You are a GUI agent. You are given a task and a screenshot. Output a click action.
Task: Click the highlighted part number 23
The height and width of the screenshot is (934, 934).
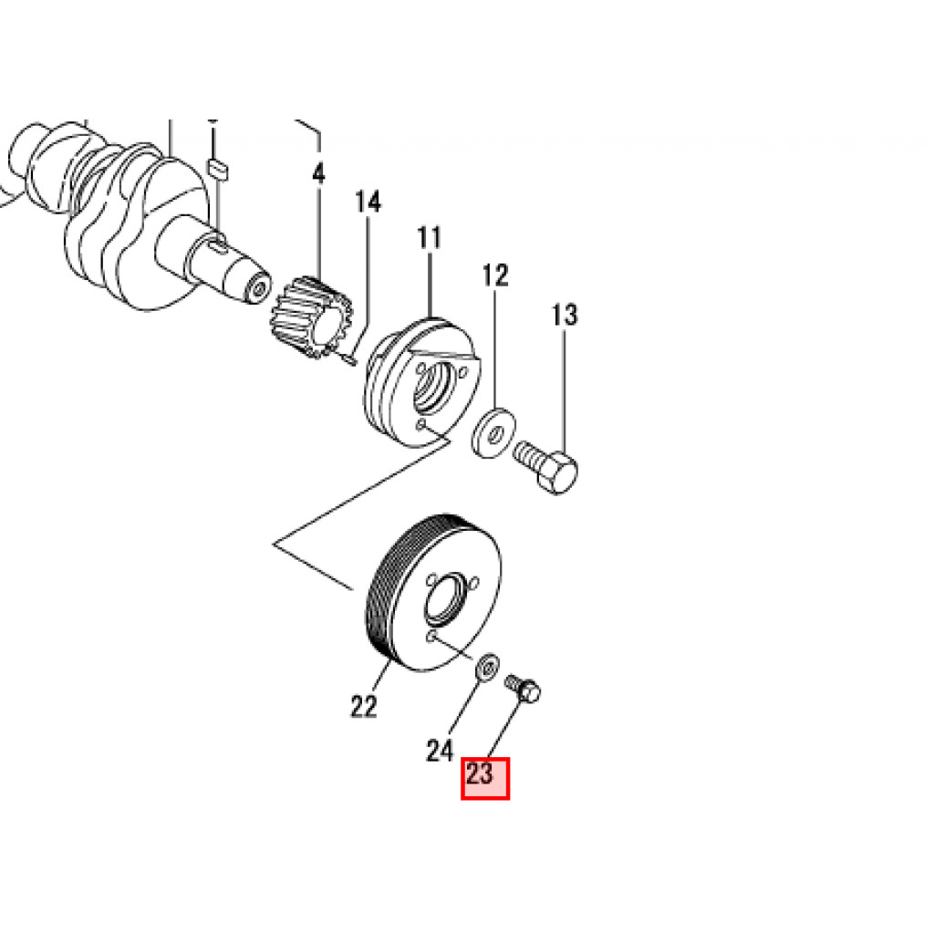pos(480,774)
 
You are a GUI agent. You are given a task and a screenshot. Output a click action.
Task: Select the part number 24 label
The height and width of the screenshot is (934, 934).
pos(440,750)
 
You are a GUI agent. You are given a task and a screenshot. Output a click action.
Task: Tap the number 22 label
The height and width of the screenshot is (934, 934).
pos(364,707)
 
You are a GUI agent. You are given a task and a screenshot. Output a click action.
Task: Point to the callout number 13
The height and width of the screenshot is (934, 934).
pos(565,315)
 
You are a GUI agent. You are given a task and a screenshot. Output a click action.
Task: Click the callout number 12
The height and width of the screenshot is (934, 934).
pos(495,275)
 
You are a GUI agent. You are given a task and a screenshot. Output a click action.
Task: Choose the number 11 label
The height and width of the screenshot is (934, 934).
pos(429,238)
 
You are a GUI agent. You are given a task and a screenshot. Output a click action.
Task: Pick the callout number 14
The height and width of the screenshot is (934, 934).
pos(368,202)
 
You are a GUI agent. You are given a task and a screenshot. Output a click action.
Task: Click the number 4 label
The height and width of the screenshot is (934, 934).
pos(318,173)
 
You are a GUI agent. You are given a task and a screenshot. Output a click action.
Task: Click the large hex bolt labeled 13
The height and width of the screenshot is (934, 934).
pos(545,465)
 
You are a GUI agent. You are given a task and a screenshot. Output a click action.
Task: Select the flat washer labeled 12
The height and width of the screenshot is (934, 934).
pos(493,433)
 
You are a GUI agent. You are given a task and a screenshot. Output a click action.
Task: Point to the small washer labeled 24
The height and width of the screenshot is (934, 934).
pos(488,665)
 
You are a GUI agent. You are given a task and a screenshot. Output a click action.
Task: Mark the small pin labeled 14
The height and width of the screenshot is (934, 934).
pos(347,358)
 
